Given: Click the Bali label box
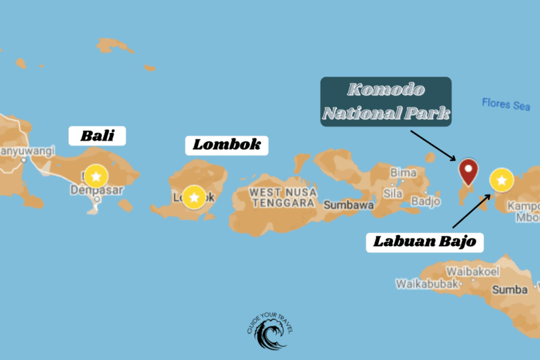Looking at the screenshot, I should click(97, 136).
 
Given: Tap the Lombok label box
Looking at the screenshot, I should click(226, 145).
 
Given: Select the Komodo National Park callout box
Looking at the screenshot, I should click(385, 102).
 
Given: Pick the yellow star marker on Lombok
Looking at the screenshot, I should click(193, 196).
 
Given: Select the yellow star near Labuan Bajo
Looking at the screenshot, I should click(501, 181).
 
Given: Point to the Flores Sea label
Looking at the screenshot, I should click(506, 104).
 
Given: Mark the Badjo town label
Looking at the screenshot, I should click(425, 200).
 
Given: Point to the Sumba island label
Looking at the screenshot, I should click(511, 290).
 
